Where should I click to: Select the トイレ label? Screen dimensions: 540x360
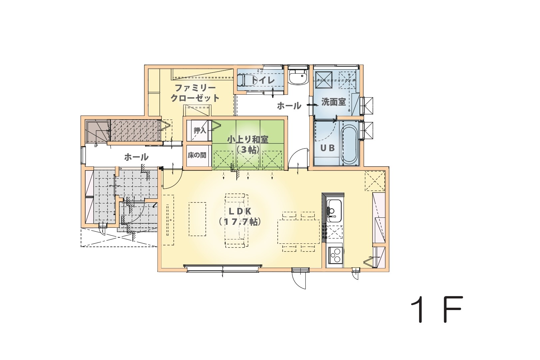click(x=263, y=80)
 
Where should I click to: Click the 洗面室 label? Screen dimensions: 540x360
click(x=333, y=102)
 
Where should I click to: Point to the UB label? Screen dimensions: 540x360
click(x=328, y=148)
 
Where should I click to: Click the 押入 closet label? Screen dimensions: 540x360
click(x=200, y=131)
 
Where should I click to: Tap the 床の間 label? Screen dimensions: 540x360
click(x=197, y=155)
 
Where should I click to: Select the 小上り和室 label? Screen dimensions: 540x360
click(x=248, y=139)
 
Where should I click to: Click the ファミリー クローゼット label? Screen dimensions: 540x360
click(x=195, y=93)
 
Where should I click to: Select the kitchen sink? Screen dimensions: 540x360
click(x=334, y=211)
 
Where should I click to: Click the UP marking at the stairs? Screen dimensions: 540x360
click(x=96, y=146)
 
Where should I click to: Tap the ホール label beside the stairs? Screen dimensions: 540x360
click(x=136, y=158)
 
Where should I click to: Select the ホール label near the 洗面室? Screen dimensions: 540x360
click(x=289, y=106)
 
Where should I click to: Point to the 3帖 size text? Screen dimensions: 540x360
click(x=248, y=150)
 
